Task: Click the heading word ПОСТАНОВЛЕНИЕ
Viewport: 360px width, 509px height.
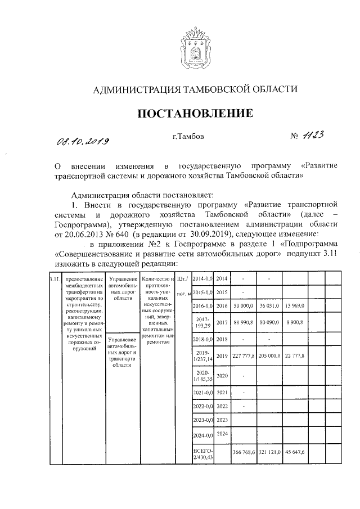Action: click(x=195, y=114)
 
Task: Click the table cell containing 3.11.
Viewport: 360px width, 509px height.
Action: click(x=54, y=280)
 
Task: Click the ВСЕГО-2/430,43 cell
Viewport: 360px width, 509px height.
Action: click(x=202, y=452)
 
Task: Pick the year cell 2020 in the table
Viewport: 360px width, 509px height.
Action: click(x=222, y=375)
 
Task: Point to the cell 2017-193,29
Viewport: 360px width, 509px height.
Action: click(x=202, y=322)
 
